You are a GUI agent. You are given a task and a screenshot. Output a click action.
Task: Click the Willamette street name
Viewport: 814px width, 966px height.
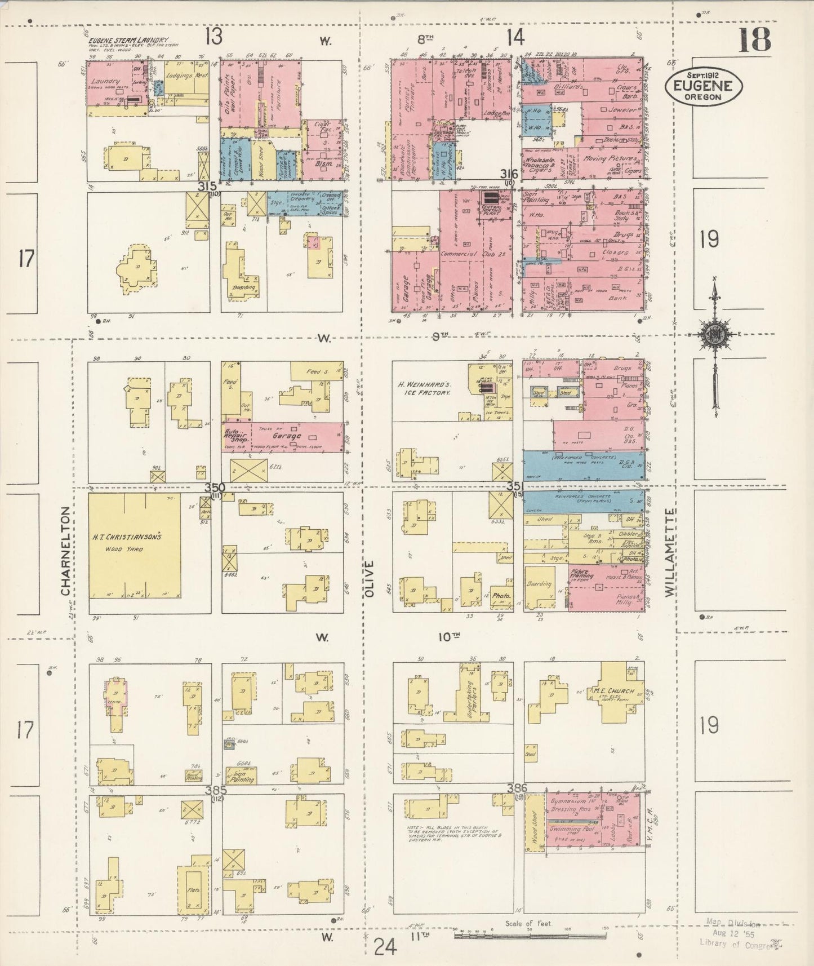(x=669, y=552)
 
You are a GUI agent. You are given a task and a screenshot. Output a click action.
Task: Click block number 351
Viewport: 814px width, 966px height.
(x=515, y=486)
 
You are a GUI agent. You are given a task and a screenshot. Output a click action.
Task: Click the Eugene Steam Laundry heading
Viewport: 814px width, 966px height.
(x=128, y=41)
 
